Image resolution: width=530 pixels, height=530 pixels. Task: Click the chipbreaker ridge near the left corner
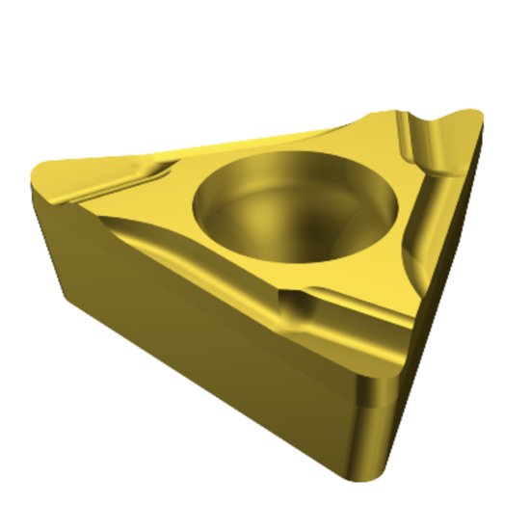tap(145, 178)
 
